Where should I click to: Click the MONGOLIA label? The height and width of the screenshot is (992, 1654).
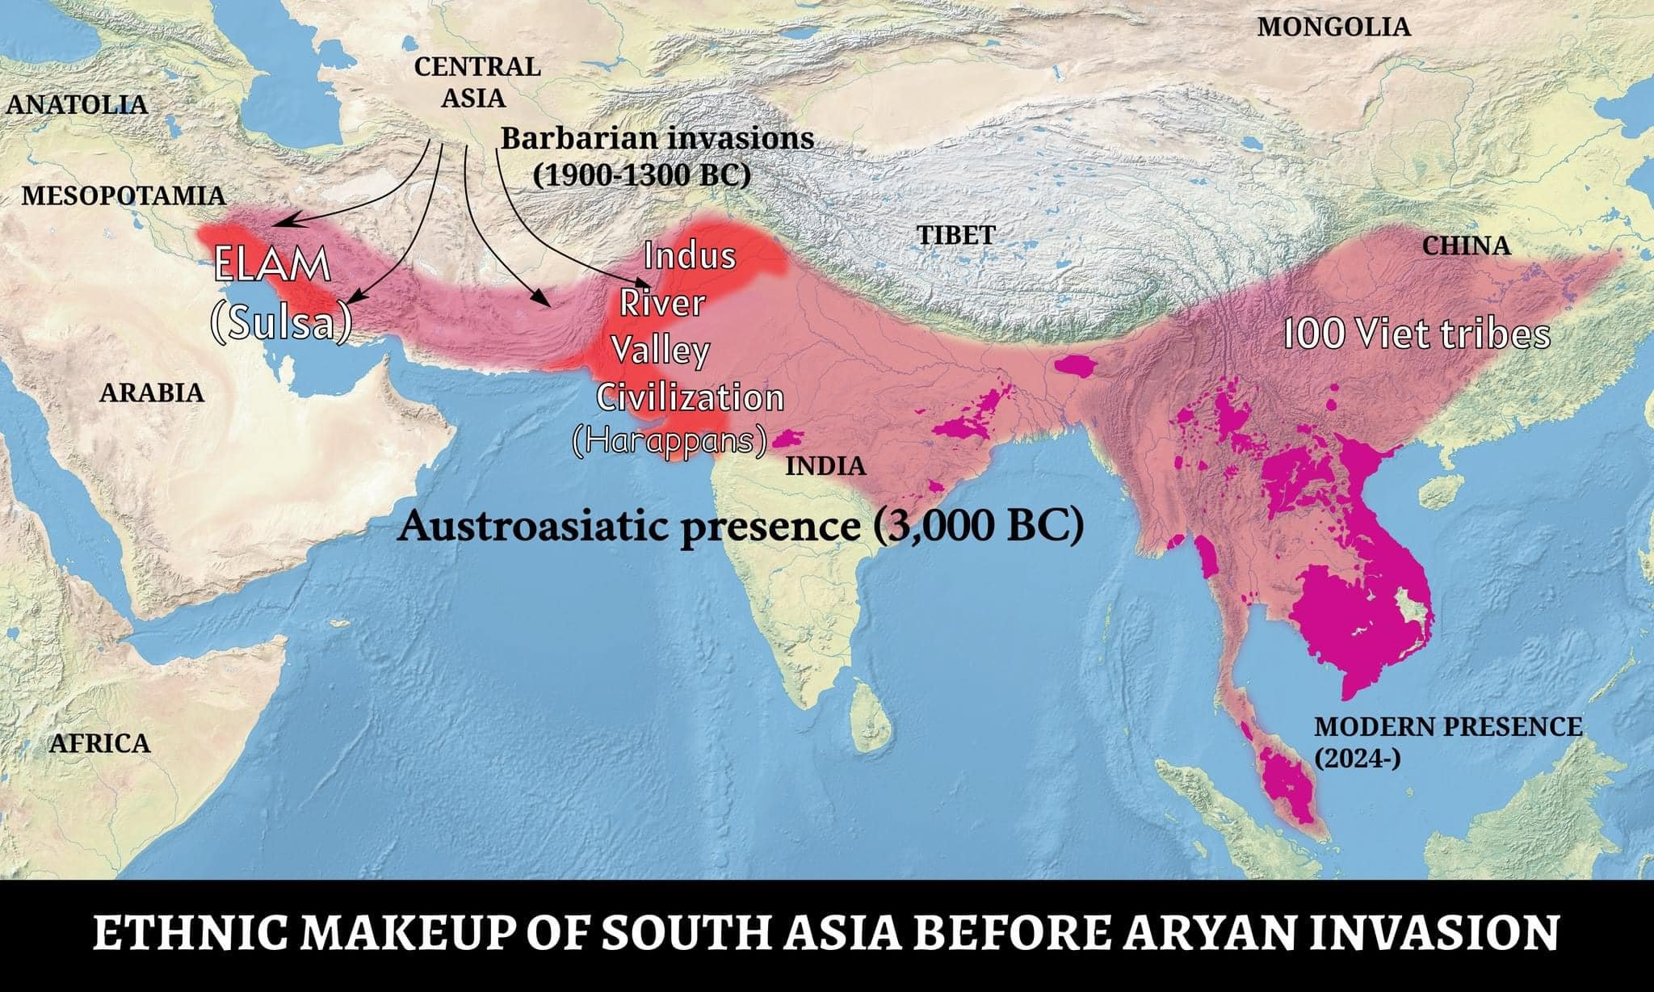tap(1333, 27)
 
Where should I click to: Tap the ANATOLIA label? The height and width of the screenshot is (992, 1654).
tap(77, 103)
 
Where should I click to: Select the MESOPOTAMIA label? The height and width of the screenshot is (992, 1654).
tap(123, 195)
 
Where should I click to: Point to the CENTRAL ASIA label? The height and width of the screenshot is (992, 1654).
tap(476, 82)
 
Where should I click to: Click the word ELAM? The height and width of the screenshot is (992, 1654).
tap(272, 266)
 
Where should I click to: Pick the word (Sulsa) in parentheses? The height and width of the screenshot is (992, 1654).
tap(281, 322)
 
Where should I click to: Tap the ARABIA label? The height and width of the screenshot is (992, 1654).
tap(152, 393)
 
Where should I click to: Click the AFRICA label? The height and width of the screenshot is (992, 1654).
tap(99, 743)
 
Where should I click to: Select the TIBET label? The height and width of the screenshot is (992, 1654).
tap(955, 235)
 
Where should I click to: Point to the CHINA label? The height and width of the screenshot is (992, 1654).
tap(1466, 246)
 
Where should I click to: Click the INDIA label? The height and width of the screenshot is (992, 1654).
tap(825, 466)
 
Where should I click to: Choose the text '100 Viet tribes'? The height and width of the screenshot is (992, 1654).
tap(1417, 334)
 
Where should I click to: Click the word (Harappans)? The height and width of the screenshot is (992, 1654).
tap(669, 441)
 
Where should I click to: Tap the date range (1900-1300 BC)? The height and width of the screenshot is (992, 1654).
tap(642, 174)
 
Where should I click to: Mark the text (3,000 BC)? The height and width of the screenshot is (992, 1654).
tap(978, 527)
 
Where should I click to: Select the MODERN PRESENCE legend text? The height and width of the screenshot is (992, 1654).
tap(1448, 727)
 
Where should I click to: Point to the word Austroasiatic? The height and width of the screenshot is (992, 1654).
tap(543, 527)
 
